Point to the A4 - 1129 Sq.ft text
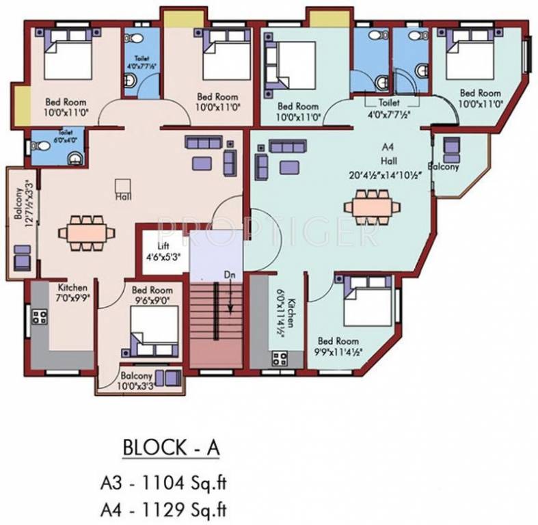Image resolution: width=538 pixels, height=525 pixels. pyautogui.click(x=172, y=509)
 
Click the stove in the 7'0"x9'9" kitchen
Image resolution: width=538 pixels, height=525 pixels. pyautogui.click(x=39, y=317)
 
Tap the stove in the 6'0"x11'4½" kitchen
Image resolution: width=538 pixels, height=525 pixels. pyautogui.click(x=280, y=358)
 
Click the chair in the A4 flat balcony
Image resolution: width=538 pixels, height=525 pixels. pyautogui.click(x=452, y=147)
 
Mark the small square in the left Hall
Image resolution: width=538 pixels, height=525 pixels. pyautogui.click(x=123, y=185)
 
